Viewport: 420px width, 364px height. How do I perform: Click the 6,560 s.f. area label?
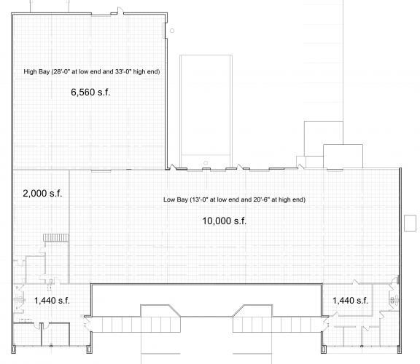(x=90, y=92)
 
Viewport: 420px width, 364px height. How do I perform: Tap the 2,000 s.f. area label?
(x=42, y=194)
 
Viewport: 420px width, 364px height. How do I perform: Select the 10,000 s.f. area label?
(x=224, y=221)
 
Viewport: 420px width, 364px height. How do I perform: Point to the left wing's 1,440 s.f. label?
(x=52, y=301)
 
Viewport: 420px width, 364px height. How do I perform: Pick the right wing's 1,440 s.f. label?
(x=350, y=301)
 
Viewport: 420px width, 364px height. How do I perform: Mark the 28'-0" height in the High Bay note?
(x=61, y=71)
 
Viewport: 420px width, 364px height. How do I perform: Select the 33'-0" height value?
(x=125, y=71)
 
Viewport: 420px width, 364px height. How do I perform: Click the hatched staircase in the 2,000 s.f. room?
(x=55, y=237)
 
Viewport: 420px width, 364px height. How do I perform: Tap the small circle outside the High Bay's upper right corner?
(x=172, y=31)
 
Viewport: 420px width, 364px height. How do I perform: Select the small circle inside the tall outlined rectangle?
(x=206, y=163)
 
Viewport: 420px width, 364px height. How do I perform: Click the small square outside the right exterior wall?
(x=410, y=223)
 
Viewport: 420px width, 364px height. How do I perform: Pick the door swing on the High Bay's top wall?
(x=120, y=11)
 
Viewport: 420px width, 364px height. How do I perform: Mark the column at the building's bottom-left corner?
(x=13, y=349)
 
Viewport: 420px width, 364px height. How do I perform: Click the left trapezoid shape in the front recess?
(x=160, y=311)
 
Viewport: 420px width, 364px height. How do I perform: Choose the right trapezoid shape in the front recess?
(x=252, y=311)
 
